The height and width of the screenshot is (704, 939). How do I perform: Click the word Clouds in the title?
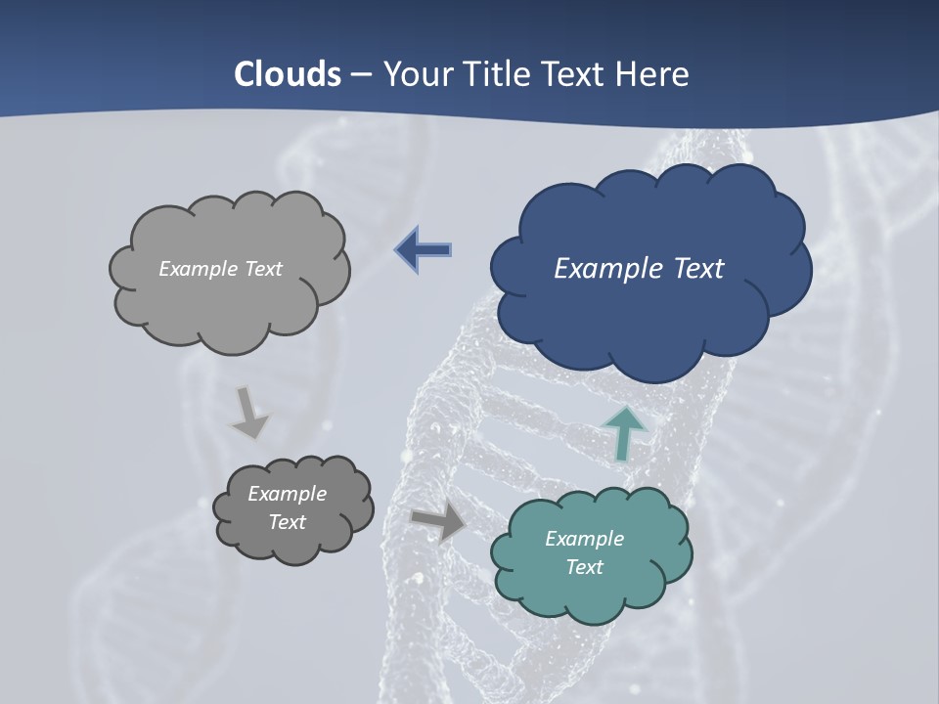[x=288, y=74]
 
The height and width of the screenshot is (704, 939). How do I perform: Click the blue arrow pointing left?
[x=424, y=250]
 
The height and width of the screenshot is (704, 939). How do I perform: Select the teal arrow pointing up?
[x=624, y=432]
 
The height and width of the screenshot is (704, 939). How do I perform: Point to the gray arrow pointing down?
[x=249, y=414]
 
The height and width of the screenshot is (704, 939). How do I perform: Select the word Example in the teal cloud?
[x=584, y=539]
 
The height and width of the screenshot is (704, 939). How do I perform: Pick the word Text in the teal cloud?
[x=584, y=567]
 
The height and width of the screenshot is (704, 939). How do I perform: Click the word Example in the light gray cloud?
[x=197, y=269]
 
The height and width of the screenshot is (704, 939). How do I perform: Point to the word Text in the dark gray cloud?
[x=287, y=522]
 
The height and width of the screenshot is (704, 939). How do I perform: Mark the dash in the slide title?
[x=362, y=74]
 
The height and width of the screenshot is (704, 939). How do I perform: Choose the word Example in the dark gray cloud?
[x=287, y=494]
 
